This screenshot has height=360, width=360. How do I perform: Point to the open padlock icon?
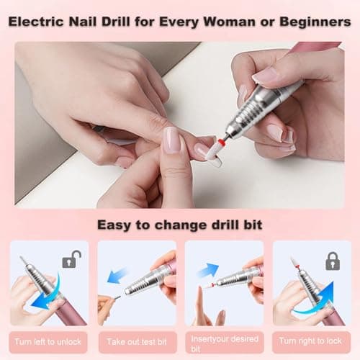[x=71, y=259]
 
